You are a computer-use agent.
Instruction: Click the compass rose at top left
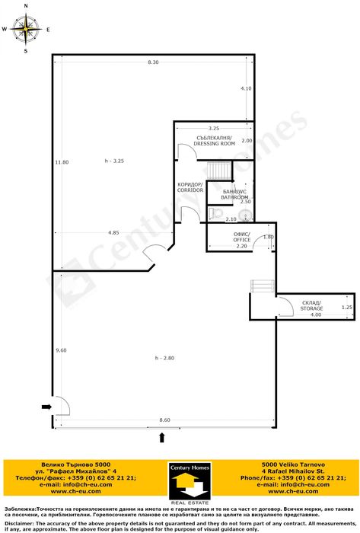tap(27, 30)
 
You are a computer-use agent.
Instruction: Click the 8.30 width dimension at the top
tap(153, 62)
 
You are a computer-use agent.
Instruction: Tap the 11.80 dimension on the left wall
tap(62, 161)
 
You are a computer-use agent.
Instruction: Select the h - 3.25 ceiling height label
tap(113, 161)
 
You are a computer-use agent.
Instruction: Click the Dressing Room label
tap(213, 140)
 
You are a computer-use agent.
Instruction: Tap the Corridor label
tap(190, 187)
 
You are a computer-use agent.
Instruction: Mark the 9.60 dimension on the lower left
tap(62, 349)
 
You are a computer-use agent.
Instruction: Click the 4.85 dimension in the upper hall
tap(113, 232)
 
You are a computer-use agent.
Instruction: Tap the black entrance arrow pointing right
tap(46, 407)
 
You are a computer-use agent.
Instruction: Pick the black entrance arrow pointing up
tap(161, 438)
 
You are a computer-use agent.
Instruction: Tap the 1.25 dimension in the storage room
tap(346, 307)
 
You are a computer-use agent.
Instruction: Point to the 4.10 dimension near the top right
tap(245, 88)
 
